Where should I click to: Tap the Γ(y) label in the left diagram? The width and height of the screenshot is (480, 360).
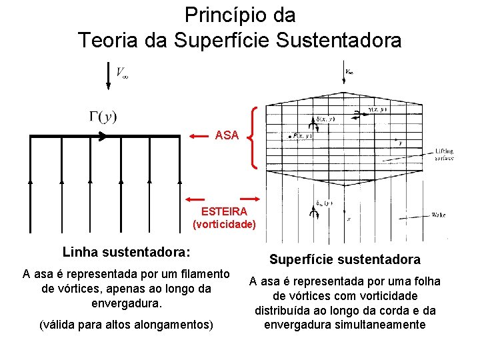(x=103, y=117)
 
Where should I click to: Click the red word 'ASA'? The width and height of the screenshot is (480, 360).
(x=227, y=135)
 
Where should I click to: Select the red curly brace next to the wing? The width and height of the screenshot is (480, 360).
(x=253, y=137)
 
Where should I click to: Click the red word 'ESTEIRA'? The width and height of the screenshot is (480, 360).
(x=224, y=211)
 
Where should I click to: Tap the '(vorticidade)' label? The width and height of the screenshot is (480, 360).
(x=224, y=224)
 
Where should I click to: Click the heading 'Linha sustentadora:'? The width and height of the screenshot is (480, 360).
(x=126, y=252)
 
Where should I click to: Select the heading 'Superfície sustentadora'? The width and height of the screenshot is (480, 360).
(x=345, y=259)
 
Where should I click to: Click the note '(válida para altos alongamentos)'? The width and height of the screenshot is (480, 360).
(x=126, y=325)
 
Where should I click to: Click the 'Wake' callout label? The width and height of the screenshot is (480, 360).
(x=439, y=215)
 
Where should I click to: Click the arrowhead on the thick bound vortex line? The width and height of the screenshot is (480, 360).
(x=102, y=136)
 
